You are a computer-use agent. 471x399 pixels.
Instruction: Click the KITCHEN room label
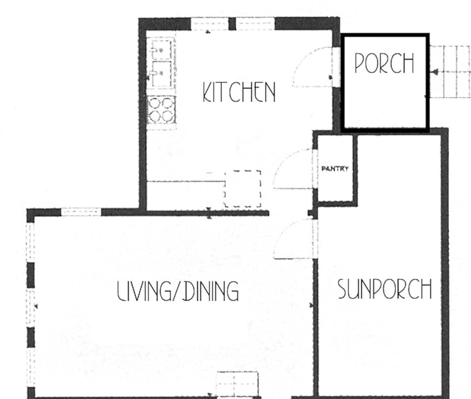click(239, 92)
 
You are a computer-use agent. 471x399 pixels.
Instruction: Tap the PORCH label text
click(384, 63)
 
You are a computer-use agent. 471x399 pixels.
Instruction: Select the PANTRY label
click(335, 168)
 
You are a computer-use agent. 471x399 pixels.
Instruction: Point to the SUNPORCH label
click(385, 289)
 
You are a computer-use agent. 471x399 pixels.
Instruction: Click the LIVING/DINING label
click(178, 291)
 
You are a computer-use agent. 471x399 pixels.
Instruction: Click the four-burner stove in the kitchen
click(161, 110)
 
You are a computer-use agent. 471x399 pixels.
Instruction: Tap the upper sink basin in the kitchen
click(161, 50)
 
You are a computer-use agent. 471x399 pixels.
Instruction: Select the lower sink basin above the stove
click(161, 74)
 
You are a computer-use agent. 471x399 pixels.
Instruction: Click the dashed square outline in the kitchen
click(242, 188)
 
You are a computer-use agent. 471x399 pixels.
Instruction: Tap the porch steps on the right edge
click(450, 72)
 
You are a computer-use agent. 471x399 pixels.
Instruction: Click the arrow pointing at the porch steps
click(435, 72)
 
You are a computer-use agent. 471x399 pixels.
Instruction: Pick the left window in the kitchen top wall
click(209, 24)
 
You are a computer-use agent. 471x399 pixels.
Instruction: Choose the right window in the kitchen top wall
click(255, 24)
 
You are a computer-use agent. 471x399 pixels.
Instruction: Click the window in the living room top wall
click(81, 212)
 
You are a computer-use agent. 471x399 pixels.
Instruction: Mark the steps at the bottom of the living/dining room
click(237, 385)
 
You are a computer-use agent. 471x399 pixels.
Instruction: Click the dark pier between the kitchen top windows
click(232, 24)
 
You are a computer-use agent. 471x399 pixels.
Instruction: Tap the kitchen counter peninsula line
click(185, 181)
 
